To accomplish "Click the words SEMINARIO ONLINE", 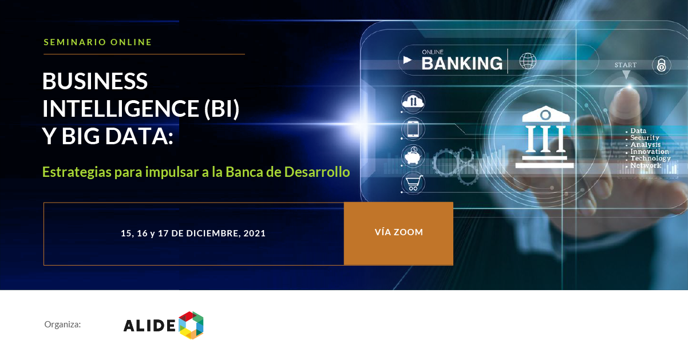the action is coord(98,42).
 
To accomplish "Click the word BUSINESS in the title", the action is coord(95,81).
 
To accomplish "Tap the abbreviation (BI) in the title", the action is coord(222,109).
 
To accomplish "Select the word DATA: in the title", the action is coord(139,136).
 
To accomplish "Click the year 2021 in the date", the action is coord(254,233).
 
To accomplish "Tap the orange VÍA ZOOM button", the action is coord(398,234).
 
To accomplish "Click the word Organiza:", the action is coord(62,325).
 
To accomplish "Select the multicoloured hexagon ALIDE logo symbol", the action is coord(191,325).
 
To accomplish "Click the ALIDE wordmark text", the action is coord(149,325).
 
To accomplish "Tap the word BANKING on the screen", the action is coord(462,64).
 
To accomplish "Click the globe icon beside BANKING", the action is coord(528,61).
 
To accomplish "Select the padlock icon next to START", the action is coord(661,65).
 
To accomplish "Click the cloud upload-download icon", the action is coord(413,102).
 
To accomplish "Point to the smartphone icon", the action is coord(413,129).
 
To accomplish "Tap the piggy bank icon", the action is coord(413,156).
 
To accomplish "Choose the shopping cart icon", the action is coord(413,183).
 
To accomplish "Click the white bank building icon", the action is coord(544,137).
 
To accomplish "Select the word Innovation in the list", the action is coord(650,152).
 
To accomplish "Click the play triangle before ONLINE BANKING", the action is coord(408,60).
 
